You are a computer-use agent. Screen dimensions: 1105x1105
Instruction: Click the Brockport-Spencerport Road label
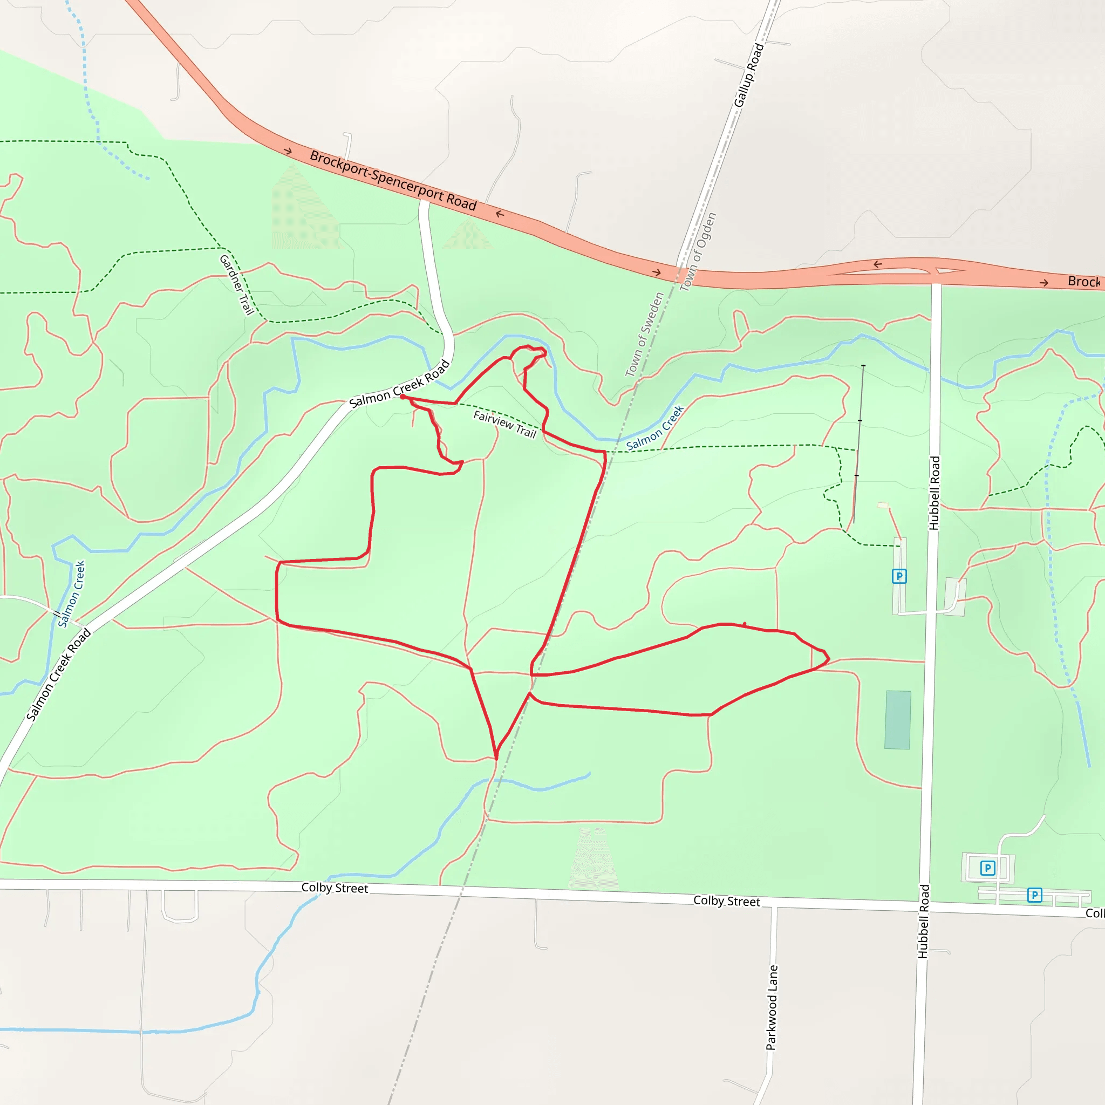(393, 181)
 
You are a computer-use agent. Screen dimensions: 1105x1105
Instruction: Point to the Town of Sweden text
(644, 334)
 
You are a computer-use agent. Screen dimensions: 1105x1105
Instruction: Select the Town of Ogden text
(698, 251)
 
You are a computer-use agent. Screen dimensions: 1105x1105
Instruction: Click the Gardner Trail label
(236, 285)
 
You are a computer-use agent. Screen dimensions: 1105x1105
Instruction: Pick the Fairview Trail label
(504, 424)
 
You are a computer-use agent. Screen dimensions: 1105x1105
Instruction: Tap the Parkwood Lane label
(772, 1007)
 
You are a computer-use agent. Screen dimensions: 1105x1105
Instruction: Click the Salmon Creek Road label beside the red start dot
(399, 384)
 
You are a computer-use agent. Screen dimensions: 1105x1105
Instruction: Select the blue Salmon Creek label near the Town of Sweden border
(655, 428)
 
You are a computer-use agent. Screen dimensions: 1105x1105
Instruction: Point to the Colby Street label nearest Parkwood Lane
(726, 902)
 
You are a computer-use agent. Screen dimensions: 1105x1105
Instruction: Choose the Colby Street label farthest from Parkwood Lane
(335, 888)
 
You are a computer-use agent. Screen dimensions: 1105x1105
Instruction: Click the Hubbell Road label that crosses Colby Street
(924, 922)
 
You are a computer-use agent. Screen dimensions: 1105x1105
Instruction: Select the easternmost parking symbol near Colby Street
(1034, 895)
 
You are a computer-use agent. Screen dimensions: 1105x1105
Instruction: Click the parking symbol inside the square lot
(987, 868)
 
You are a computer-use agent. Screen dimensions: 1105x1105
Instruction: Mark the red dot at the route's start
(403, 397)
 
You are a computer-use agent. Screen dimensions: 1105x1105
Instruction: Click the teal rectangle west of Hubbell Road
(897, 720)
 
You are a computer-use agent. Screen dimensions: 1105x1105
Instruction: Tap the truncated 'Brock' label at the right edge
(1084, 282)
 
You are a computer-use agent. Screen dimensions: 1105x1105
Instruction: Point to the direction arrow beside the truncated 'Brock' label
(1044, 283)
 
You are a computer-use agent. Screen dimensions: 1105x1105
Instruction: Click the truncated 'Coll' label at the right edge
(1094, 913)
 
